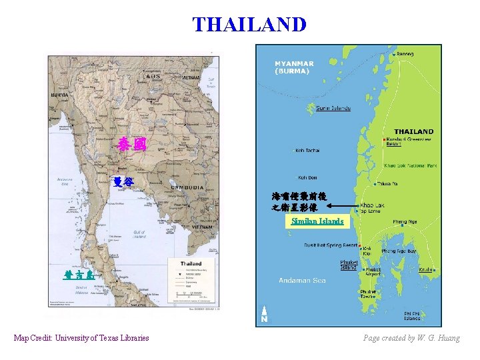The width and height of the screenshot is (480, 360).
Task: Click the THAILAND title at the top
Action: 249,25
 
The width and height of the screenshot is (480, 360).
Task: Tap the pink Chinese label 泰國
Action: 131,143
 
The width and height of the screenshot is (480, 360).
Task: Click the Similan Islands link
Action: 317,221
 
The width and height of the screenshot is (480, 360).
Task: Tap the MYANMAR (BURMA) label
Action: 294,67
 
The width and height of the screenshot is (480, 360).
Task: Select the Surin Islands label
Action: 333,108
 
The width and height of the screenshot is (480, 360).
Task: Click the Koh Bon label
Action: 307,177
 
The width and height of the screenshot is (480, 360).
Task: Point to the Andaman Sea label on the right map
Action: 302,280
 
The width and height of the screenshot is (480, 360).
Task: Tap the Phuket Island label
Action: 349,265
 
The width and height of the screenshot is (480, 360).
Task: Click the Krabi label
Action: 426,270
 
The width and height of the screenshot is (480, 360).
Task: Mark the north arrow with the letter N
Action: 265,315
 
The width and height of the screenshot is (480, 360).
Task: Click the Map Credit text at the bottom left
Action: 81,338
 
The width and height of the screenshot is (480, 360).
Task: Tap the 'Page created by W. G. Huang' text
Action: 411,338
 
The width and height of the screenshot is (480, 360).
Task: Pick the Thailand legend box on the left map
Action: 195,283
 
